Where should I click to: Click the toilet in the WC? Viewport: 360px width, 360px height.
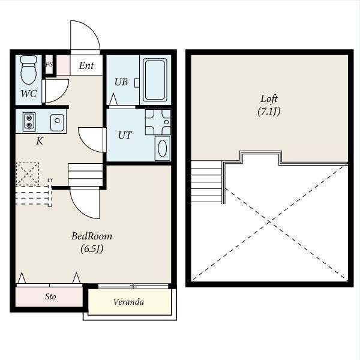(28, 70)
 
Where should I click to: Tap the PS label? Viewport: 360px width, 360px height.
(49, 64)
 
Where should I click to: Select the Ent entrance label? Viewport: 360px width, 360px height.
(86, 65)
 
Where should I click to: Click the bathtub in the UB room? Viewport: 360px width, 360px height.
(155, 80)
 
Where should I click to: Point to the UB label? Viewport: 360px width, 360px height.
(121, 82)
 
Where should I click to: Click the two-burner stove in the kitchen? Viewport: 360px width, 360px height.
(29, 122)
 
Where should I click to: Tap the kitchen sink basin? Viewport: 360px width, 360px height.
(57, 122)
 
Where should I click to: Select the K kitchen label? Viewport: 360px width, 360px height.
(40, 141)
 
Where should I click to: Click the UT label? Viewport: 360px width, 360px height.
(125, 135)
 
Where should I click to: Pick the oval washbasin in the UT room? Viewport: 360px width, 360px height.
(163, 148)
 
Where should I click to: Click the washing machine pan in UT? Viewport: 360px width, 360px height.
(158, 122)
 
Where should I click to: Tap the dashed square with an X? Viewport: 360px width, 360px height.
(28, 174)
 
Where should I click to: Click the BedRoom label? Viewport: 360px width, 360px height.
(92, 236)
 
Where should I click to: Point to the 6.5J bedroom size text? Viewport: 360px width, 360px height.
(92, 248)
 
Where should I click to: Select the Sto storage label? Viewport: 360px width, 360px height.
(50, 296)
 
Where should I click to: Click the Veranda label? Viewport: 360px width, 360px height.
(129, 302)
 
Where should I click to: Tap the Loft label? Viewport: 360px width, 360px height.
(269, 99)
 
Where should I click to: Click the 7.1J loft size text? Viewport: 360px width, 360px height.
(269, 112)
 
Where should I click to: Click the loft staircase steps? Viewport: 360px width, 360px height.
(206, 181)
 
